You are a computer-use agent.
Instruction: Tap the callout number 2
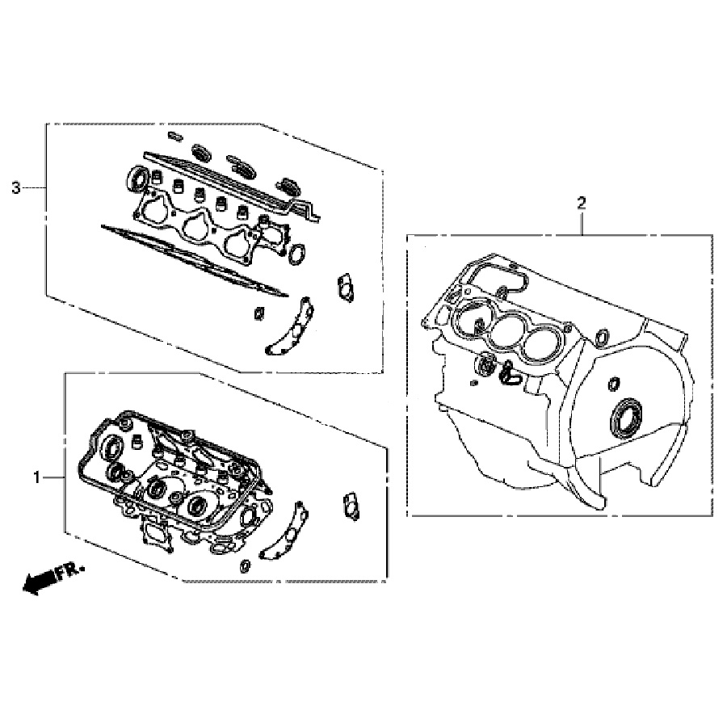coord(582,203)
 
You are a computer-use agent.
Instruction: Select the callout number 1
coord(37,477)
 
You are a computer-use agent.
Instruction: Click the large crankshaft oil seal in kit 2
coord(625,418)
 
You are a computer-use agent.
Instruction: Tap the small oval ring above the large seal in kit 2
coord(614,384)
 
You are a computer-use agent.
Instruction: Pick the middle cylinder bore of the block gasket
coord(506,330)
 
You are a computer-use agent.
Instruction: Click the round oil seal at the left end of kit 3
coord(138,178)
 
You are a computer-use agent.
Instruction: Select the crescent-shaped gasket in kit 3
coord(291,327)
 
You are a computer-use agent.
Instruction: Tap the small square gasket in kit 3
coord(258,313)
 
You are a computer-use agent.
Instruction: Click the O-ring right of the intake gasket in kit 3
coord(296,254)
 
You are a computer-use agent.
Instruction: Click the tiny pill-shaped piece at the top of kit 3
coord(174,136)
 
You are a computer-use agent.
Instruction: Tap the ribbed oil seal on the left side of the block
coord(486,364)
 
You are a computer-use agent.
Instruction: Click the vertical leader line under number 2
coord(582,224)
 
